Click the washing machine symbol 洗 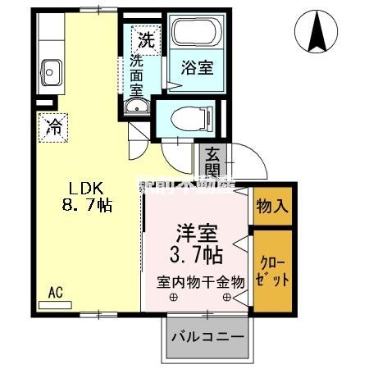click(x=145, y=38)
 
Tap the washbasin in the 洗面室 click(x=136, y=107)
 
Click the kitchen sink click(x=51, y=72)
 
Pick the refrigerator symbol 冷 click(x=52, y=126)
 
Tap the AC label click(x=55, y=291)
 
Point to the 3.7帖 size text click(x=195, y=254)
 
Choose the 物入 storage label click(x=271, y=205)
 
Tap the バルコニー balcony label click(x=207, y=337)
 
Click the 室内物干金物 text click(x=201, y=281)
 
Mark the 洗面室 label click(x=136, y=74)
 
